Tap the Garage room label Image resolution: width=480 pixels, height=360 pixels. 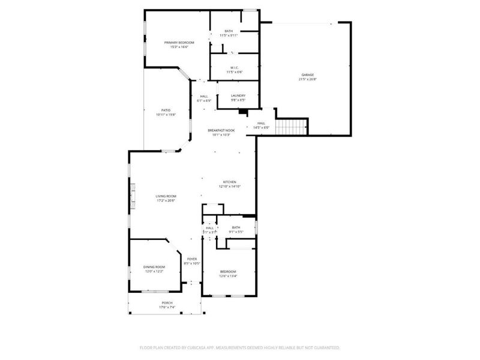[x=307, y=75]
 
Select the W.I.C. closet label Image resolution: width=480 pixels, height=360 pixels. [x=234, y=67]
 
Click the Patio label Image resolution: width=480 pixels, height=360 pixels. [x=166, y=110]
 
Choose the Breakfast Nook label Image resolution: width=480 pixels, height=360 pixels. [x=221, y=130]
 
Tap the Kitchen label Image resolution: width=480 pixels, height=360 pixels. [x=230, y=182]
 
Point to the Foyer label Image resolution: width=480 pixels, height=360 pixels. [x=191, y=259]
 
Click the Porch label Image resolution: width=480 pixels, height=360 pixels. [x=167, y=303]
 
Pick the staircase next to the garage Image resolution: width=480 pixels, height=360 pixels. [x=295, y=127]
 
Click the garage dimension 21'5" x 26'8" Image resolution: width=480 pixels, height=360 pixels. [x=307, y=79]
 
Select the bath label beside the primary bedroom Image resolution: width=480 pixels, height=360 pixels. [x=229, y=31]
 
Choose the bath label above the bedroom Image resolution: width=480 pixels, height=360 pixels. [x=236, y=227]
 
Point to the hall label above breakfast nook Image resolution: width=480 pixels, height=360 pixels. [x=204, y=97]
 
